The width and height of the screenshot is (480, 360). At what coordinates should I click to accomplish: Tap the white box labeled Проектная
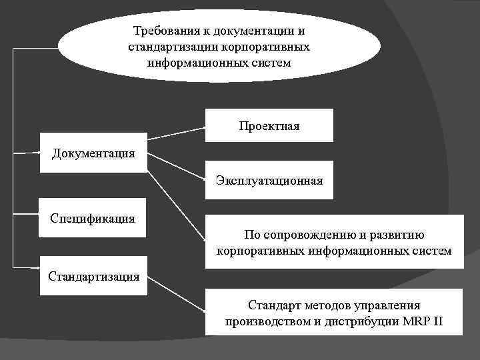pos(269,125)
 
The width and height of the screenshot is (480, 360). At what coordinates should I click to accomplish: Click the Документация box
pos(93,153)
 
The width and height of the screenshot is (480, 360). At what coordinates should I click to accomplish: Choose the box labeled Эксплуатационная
pos(269,180)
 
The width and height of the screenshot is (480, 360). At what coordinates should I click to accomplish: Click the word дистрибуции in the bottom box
pos(361,322)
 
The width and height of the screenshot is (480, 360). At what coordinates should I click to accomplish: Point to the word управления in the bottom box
pos(386,305)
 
